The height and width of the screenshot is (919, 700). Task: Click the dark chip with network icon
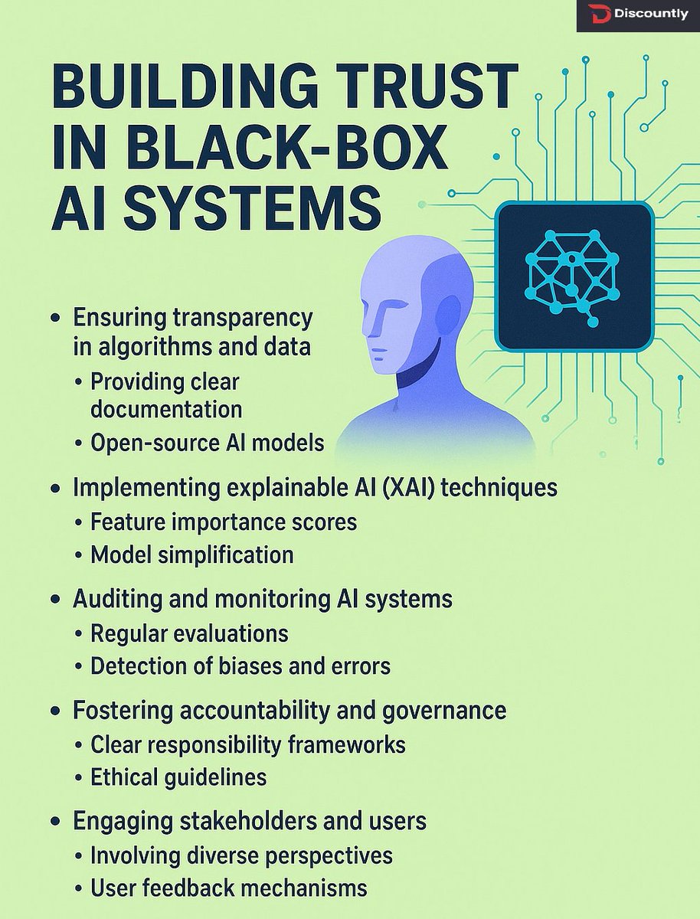tap(574, 275)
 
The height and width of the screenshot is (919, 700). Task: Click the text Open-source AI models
tap(207, 443)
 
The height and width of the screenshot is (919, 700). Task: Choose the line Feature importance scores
tap(224, 522)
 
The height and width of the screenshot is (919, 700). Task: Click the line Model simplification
tap(191, 555)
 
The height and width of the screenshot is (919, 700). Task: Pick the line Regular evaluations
tap(189, 633)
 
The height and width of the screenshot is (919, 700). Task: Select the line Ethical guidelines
tap(178, 777)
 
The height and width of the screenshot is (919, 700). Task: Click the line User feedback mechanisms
tap(228, 888)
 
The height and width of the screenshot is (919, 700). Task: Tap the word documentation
tap(166, 409)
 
